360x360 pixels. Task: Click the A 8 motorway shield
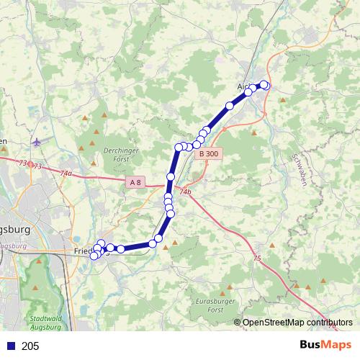[x=136, y=183]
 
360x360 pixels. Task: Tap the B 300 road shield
[x=209, y=153]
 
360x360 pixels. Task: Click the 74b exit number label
[x=186, y=192]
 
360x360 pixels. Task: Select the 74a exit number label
[x=66, y=174]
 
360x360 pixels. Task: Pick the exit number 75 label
[x=257, y=258]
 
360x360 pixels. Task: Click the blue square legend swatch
[x=11, y=346]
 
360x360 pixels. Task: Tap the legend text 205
[x=30, y=346]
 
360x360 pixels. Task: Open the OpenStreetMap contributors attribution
[x=297, y=323]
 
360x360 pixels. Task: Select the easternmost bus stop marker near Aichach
[x=265, y=86]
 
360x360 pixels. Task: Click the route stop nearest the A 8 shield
[x=171, y=177]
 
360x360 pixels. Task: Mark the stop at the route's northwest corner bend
[x=178, y=147]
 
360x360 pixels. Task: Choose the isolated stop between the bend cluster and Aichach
[x=230, y=106]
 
